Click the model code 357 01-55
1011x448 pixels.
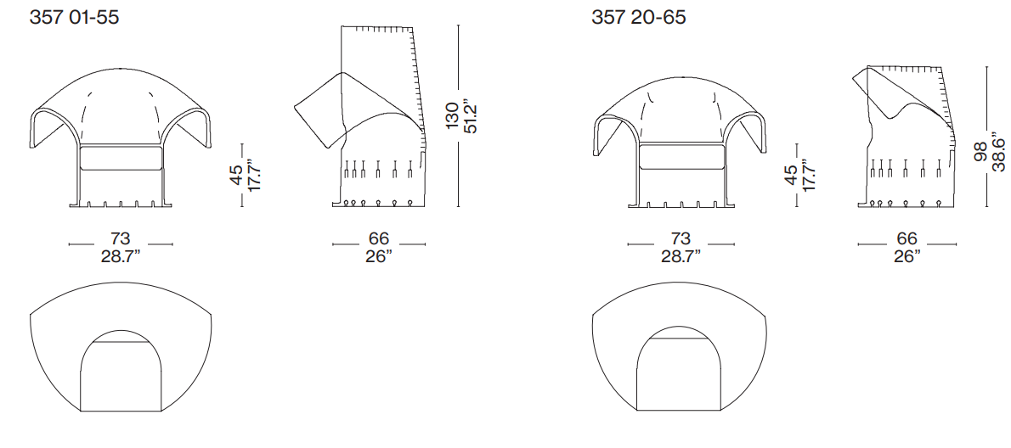pyautogui.click(x=74, y=17)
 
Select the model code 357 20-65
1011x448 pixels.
pyautogui.click(x=638, y=17)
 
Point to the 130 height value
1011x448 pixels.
pyautogui.click(x=453, y=116)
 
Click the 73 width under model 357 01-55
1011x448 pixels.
pyautogui.click(x=121, y=239)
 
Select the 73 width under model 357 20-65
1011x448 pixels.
pyautogui.click(x=681, y=239)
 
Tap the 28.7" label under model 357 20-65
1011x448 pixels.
pyautogui.click(x=681, y=256)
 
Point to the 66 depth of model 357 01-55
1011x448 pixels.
pyautogui.click(x=379, y=239)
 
